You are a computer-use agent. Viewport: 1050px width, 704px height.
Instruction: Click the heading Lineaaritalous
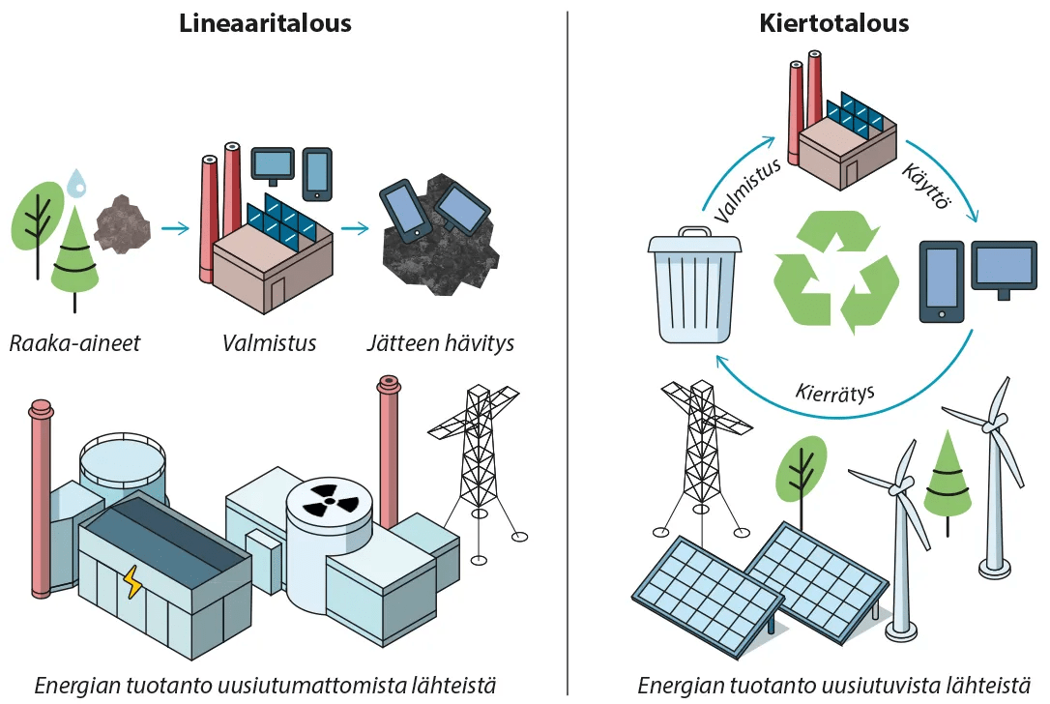pyautogui.click(x=265, y=23)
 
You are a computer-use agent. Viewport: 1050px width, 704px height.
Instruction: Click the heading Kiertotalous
pyautogui.click(x=833, y=23)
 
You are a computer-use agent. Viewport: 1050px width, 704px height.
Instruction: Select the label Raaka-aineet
pyautogui.click(x=74, y=343)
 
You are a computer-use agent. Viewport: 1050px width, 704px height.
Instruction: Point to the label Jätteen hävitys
pyautogui.click(x=440, y=343)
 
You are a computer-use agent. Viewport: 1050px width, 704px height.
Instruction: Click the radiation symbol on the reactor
pyautogui.click(x=330, y=500)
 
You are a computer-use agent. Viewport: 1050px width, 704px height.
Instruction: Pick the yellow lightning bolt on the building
pyautogui.click(x=131, y=582)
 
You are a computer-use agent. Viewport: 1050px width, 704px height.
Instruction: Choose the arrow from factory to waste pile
pyautogui.click(x=355, y=229)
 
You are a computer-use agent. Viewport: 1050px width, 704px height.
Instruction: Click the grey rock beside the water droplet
pyautogui.click(x=123, y=223)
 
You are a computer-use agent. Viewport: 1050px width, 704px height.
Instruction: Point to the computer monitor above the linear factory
pyautogui.click(x=272, y=163)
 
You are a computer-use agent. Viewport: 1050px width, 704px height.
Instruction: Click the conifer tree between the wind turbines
pyautogui.click(x=947, y=479)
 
